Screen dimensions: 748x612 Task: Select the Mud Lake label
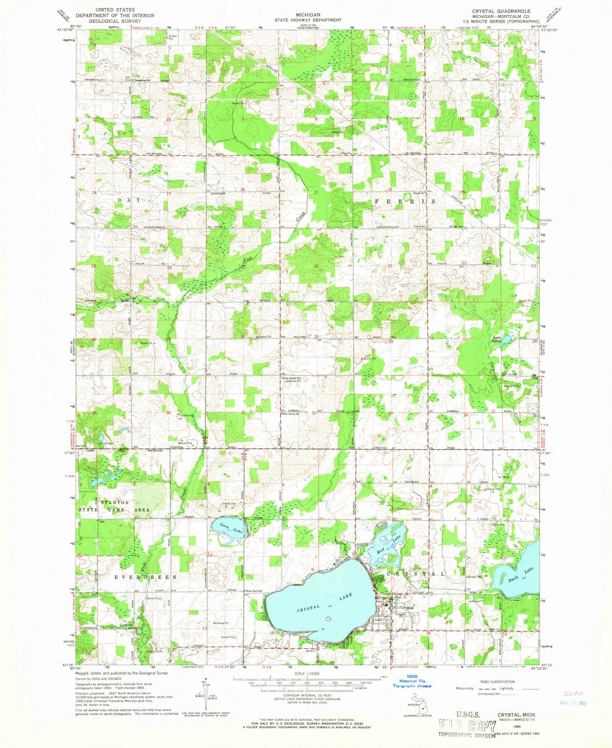389,540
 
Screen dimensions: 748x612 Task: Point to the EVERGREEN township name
146,577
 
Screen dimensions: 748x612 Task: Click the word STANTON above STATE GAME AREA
115,503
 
